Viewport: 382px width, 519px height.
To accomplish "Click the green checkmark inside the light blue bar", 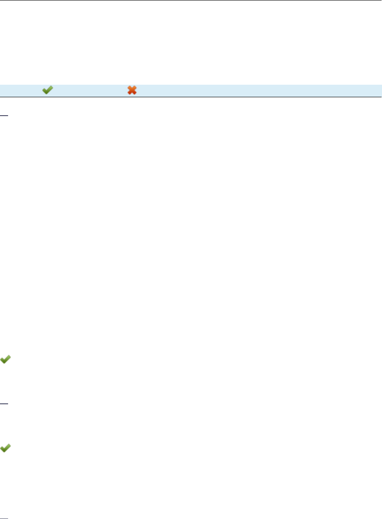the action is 47,90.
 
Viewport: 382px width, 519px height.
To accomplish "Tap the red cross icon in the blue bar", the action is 132,90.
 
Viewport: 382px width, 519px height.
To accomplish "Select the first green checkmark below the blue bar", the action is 6,359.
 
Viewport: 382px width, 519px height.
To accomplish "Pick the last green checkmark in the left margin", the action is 6,448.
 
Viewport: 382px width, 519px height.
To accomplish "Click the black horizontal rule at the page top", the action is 191,0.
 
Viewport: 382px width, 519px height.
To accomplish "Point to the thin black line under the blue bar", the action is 191,97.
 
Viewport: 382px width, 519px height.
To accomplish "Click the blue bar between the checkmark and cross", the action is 90,90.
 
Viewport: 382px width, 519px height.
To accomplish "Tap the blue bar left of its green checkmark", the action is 20,90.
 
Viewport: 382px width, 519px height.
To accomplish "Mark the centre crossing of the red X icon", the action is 132,90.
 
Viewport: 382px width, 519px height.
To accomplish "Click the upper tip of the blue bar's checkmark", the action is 52,87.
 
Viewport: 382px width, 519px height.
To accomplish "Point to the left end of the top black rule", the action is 1,0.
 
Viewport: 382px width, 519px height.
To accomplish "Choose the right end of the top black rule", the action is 380,0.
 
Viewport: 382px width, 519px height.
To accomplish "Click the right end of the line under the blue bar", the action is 380,97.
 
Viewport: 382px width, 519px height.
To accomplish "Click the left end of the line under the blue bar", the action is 1,97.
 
